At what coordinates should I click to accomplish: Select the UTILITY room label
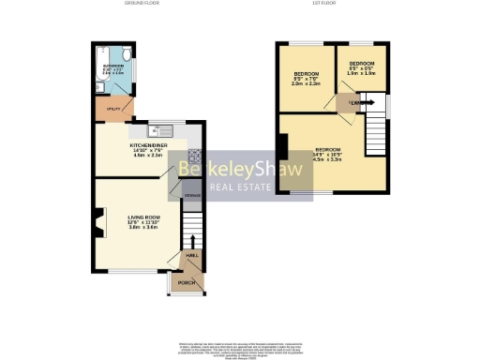pos(112,110)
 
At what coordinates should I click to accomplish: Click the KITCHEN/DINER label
pos(148,146)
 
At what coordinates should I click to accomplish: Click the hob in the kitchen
pos(195,157)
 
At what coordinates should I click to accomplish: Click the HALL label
pos(190,255)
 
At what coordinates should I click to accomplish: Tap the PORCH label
pos(186,281)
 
